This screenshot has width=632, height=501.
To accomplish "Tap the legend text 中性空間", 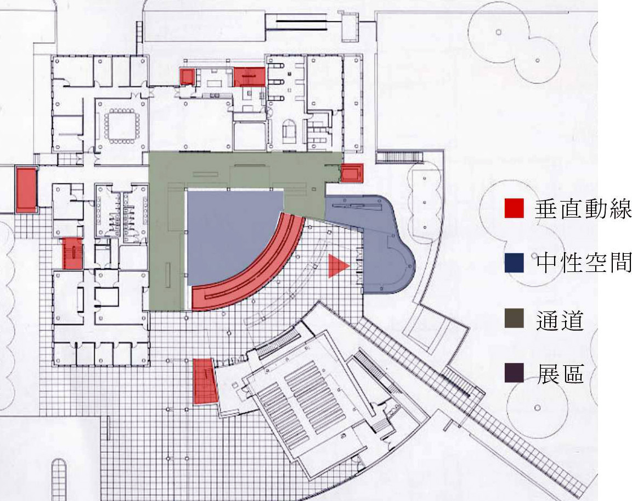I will click(583, 264).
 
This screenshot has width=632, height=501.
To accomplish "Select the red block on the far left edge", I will click(26, 190).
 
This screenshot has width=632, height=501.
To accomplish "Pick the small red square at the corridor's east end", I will click(352, 173).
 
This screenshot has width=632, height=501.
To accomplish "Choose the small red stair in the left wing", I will click(72, 253).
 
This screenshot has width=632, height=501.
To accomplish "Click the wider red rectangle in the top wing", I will click(250, 77).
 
